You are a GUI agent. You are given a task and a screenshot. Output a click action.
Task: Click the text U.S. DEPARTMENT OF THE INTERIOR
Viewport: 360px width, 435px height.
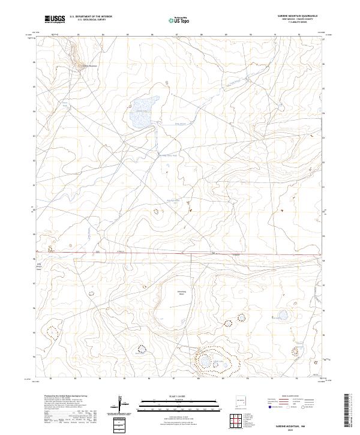click(x=91, y=17)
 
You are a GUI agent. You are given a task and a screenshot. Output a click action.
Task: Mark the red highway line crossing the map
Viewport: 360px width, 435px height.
click(x=180, y=253)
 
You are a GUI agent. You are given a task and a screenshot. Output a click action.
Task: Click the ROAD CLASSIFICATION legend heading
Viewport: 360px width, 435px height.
click(x=288, y=397)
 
